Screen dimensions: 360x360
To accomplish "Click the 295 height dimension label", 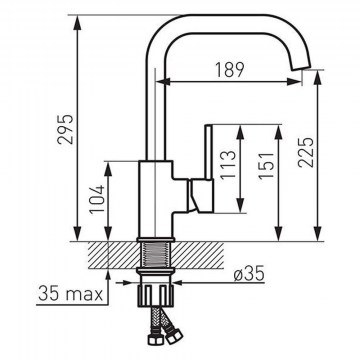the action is point(65,129).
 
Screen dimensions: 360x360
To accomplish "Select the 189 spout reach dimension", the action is point(229,70).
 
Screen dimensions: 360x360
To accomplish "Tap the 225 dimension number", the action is point(306,152).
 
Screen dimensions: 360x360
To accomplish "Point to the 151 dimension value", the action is point(267,166).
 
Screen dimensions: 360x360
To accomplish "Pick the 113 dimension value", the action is point(228,164).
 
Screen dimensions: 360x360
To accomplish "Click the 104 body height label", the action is point(97,199).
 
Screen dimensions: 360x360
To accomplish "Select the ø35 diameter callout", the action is point(249,274).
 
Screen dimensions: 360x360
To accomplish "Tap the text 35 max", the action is point(71,294).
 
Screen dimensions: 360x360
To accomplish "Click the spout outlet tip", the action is point(301,67).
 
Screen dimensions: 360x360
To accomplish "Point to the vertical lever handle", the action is point(209,152).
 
